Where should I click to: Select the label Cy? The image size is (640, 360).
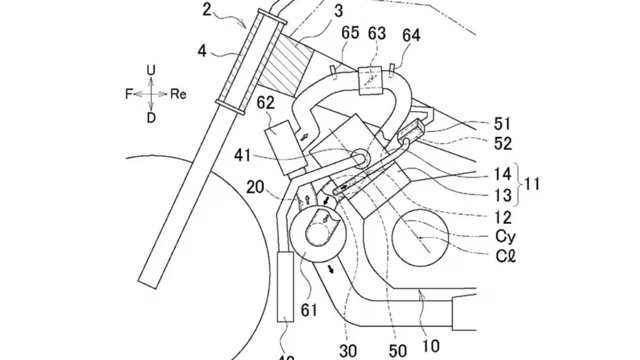[x=505, y=235]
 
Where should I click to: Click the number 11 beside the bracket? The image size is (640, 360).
[x=531, y=185]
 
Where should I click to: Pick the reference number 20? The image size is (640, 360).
[x=255, y=186]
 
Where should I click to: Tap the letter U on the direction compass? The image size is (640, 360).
[x=151, y=70]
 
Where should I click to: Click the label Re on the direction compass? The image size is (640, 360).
[x=179, y=94]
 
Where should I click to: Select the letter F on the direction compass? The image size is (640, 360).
[x=129, y=94]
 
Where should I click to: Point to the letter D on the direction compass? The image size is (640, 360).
[x=151, y=118]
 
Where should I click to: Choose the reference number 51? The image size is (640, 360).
[x=502, y=124]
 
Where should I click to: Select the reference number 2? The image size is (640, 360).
[x=207, y=9]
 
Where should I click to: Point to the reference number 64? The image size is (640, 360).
[x=411, y=36]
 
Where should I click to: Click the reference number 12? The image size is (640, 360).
[x=503, y=217]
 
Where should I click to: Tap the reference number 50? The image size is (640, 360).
[x=398, y=350]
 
